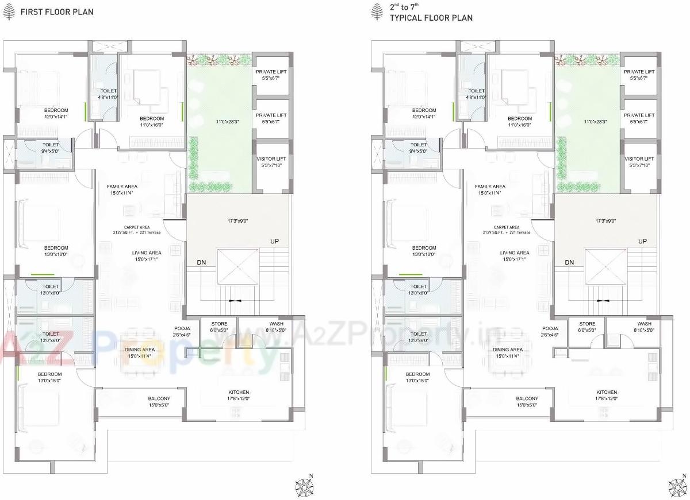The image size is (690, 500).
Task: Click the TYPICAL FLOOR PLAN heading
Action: click(x=431, y=18)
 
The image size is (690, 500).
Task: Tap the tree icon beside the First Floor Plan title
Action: click(x=9, y=11)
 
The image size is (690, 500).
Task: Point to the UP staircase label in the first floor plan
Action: click(x=274, y=241)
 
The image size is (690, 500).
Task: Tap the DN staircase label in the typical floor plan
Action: click(x=569, y=262)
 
